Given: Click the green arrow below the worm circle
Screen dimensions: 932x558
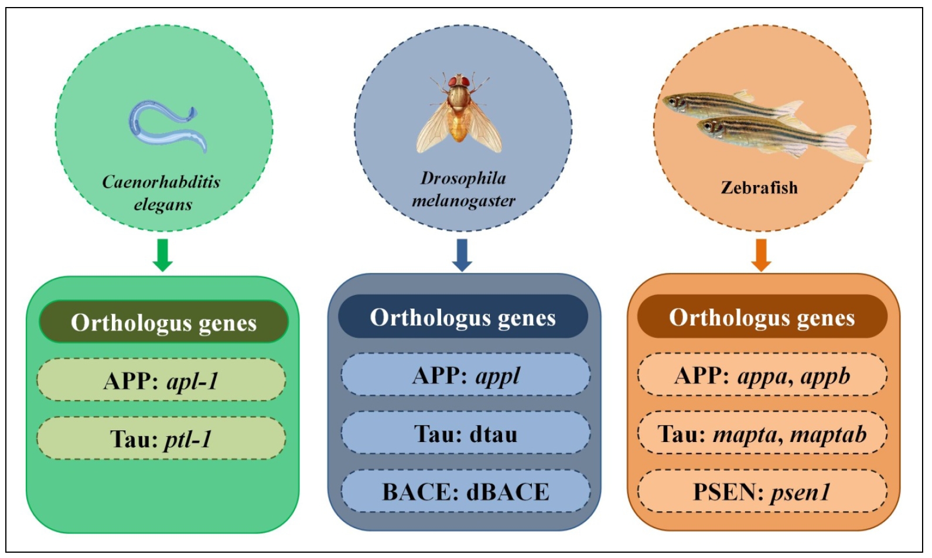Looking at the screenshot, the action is click(163, 255).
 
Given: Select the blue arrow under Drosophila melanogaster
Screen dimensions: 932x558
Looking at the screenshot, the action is click(462, 255).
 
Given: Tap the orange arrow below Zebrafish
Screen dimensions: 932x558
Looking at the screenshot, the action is click(761, 255).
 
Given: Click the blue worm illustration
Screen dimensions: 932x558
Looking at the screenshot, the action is click(167, 126).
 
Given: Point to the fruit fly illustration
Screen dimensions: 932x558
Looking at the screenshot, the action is click(459, 112).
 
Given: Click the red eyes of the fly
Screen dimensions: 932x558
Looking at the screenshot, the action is click(459, 81).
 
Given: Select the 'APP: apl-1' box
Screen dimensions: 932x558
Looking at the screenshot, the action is click(162, 380).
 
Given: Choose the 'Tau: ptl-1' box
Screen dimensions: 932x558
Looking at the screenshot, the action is click(162, 438).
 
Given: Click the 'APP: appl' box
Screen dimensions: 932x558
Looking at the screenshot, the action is click(466, 375).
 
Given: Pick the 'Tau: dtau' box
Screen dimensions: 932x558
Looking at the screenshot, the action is click(466, 433).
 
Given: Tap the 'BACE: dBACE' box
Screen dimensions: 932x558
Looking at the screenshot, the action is click(466, 491).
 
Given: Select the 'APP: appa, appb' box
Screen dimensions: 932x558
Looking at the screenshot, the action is click(762, 375).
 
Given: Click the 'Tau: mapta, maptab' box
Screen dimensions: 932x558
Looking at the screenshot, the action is click(762, 433).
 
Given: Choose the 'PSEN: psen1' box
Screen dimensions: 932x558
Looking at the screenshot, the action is click(762, 491).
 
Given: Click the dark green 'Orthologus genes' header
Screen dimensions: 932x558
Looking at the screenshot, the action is click(163, 322).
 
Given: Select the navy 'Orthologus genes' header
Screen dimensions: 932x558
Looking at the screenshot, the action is click(463, 317).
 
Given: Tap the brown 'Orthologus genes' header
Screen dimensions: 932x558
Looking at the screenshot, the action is click(762, 317).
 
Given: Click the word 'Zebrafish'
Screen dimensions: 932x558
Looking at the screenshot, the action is click(759, 188).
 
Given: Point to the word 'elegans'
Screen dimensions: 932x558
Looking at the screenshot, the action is click(163, 205).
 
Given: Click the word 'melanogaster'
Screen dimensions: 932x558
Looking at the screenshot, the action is click(463, 201).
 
